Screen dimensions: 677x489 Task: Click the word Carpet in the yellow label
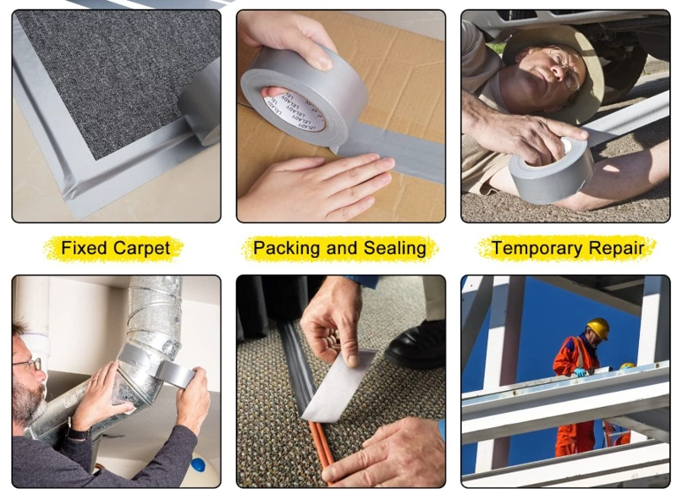click(x=142, y=249)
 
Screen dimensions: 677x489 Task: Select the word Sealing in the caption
click(x=394, y=249)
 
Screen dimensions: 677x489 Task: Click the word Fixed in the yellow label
click(x=84, y=248)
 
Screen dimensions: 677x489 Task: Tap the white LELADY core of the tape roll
click(x=294, y=109)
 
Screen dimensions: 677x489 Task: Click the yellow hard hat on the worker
click(x=598, y=328)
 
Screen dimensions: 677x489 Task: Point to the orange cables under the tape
click(x=322, y=449)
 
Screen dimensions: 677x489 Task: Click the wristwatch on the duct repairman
click(x=78, y=433)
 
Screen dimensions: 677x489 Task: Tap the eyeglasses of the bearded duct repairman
click(x=29, y=365)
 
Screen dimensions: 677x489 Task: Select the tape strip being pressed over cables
click(x=337, y=384)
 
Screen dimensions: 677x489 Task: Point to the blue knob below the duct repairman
click(x=198, y=465)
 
